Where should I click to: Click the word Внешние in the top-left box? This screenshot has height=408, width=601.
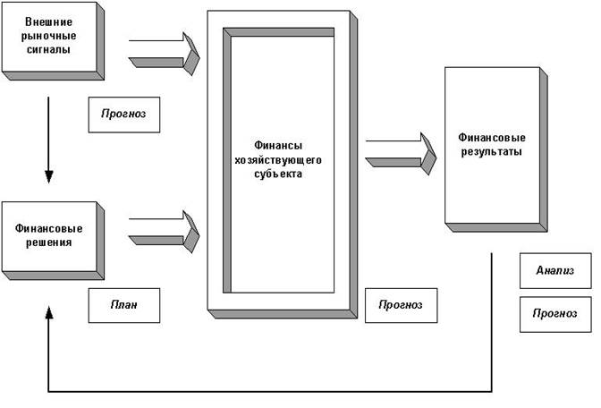[49, 21]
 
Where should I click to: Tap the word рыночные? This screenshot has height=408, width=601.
[49, 36]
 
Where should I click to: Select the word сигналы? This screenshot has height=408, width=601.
[49, 51]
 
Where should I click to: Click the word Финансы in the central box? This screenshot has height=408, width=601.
[278, 145]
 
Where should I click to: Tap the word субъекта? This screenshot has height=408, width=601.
[278, 174]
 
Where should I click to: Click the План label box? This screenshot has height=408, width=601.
[124, 306]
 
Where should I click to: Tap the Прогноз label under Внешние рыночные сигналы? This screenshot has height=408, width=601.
[124, 114]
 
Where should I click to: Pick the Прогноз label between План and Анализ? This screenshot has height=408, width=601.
[400, 305]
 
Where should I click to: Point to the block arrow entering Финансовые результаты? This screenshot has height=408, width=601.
[402, 149]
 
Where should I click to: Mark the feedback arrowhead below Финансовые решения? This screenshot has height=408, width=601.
[48, 310]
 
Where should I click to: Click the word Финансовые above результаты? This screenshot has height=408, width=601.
[491, 139]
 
